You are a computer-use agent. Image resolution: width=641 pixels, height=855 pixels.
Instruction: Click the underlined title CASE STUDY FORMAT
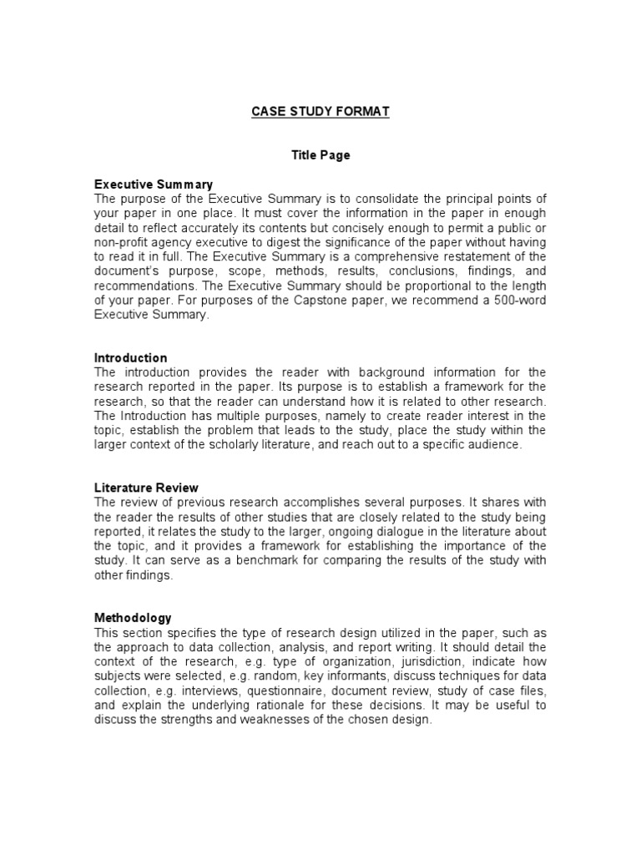(320, 111)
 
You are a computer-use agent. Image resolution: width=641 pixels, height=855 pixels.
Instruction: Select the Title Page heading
(320, 154)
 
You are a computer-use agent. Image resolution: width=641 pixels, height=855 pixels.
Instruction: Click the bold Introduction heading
(130, 357)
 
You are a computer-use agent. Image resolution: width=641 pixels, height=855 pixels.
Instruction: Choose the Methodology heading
(133, 618)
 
